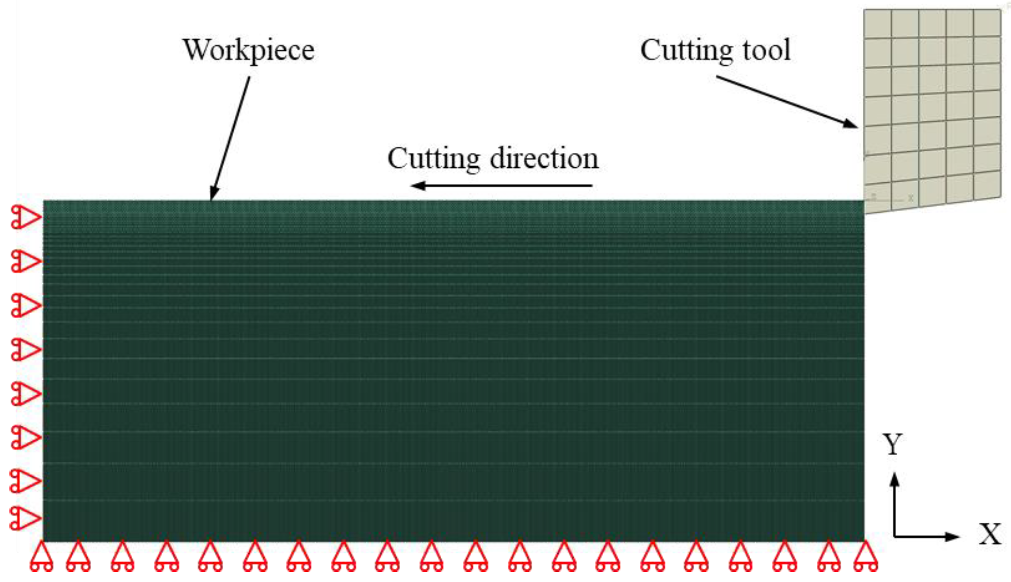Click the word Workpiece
(249, 50)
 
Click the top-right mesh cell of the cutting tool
(987, 23)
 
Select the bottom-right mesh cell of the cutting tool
(987, 185)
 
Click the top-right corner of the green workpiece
(864, 201)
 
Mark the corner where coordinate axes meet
(895, 536)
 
